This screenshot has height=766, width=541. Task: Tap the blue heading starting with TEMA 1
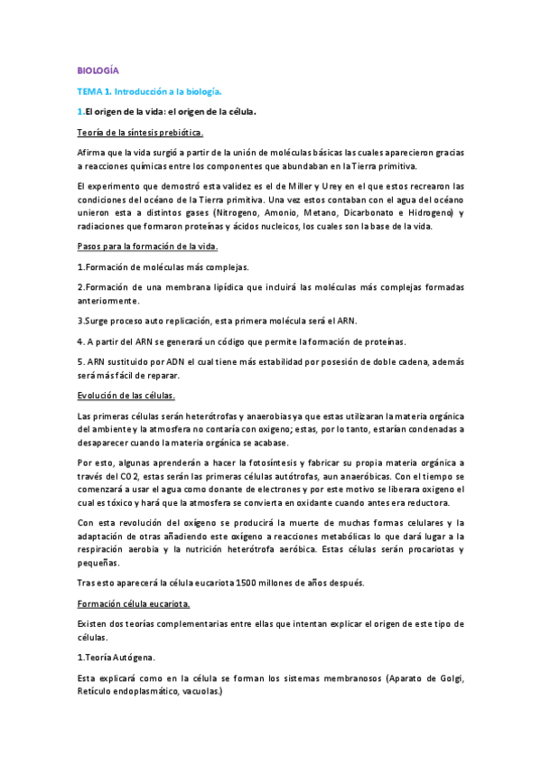[x=149, y=91]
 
